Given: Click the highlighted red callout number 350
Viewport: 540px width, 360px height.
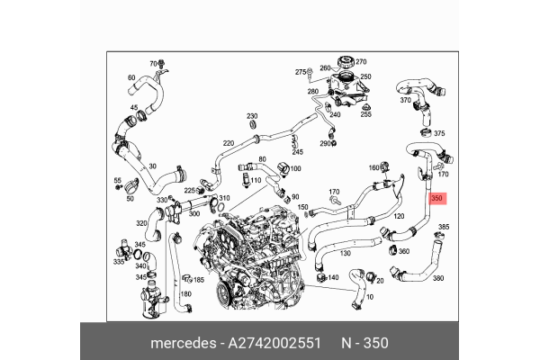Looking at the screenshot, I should pyautogui.click(x=436, y=199).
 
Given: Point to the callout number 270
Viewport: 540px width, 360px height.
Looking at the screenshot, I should pyautogui.click(x=361, y=62).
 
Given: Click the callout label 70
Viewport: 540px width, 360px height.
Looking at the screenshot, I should pyautogui.click(x=153, y=64).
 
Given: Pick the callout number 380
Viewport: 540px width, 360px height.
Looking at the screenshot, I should pyautogui.click(x=439, y=278).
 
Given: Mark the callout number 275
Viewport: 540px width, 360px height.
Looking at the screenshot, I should pyautogui.click(x=301, y=71).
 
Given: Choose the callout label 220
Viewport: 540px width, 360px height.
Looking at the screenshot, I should pyautogui.click(x=229, y=143).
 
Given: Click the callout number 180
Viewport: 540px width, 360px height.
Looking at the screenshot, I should pyautogui.click(x=186, y=294).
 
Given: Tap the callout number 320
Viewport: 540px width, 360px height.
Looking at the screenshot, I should pyautogui.click(x=141, y=222).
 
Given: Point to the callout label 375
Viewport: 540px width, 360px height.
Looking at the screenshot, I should pyautogui.click(x=439, y=133).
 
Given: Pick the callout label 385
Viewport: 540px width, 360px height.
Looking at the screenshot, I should pyautogui.click(x=444, y=227).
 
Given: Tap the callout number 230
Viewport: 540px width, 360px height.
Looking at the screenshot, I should pyautogui.click(x=252, y=116).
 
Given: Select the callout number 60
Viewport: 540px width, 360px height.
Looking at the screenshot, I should pyautogui.click(x=131, y=78).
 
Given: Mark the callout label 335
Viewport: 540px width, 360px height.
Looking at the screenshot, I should pyautogui.click(x=118, y=262).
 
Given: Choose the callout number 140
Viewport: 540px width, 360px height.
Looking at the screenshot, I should pyautogui.click(x=333, y=278).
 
